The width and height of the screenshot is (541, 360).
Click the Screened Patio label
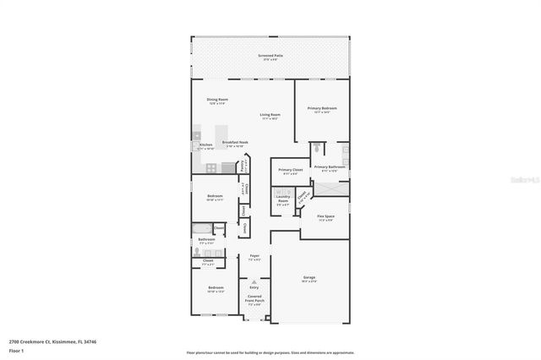pos(270,57)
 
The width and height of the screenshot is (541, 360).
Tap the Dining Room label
pos(216,101)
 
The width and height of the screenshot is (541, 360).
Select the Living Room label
pos(270,116)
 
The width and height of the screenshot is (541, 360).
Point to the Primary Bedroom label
pos(322,109)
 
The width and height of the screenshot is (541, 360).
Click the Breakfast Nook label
pos(235,144)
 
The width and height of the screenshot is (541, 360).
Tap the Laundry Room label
pos(282,201)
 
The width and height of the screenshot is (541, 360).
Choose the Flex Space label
pos(325,218)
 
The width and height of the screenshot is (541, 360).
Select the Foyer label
pos(254,257)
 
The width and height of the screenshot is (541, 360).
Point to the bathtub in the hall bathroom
pos(200,229)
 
